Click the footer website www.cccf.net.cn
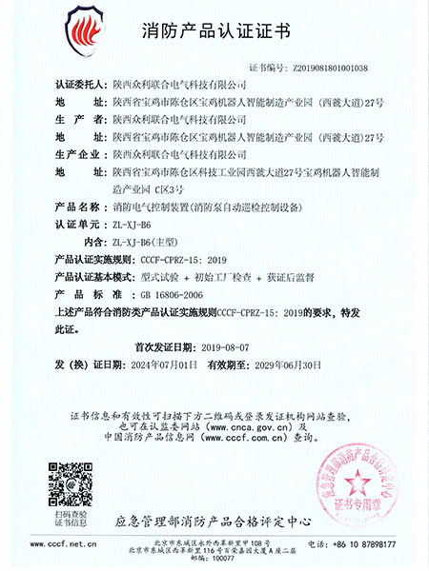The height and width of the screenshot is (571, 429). (60, 544)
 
